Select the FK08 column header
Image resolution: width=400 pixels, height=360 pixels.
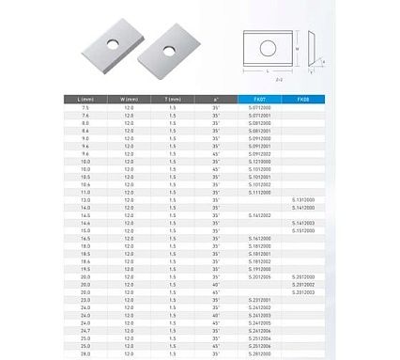tap(302, 98)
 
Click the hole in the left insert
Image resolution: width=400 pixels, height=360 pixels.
tap(112, 44)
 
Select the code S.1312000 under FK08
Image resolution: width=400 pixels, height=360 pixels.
tap(304, 199)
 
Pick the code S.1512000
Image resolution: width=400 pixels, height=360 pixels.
tap(304, 229)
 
